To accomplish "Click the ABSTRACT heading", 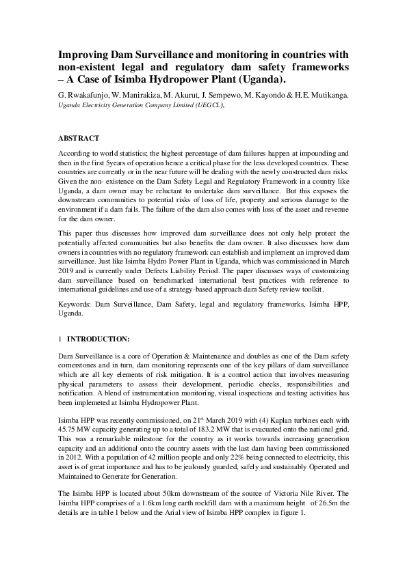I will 79,137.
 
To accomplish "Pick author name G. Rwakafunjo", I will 83,96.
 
